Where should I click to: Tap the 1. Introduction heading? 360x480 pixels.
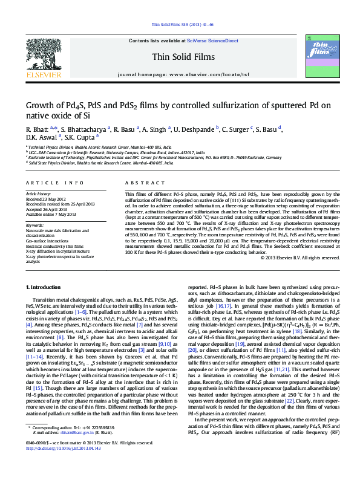click(x=46, y=285)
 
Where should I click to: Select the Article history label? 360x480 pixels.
click(x=39, y=193)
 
